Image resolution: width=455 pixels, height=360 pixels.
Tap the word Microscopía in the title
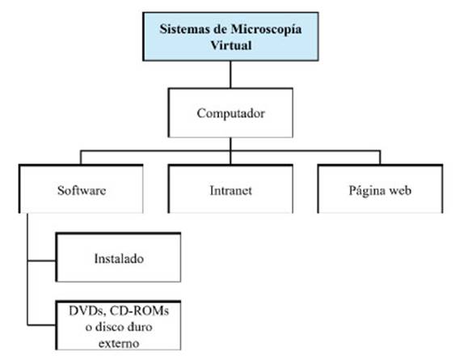(266, 30)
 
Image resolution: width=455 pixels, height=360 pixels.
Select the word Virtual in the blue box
(231, 45)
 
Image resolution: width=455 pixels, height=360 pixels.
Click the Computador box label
(230, 113)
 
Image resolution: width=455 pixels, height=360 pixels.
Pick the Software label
(82, 191)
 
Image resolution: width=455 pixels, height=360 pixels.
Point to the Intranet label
(230, 191)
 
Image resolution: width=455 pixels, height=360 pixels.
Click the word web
(400, 191)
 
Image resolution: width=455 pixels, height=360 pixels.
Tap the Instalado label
(119, 259)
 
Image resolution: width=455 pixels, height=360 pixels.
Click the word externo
(119, 344)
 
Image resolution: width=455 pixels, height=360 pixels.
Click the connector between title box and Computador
(230, 74)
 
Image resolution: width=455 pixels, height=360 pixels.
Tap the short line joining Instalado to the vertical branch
(41, 261)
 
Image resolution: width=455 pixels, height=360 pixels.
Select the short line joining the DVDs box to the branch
(41, 325)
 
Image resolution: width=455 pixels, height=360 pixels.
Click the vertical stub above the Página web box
(380, 158)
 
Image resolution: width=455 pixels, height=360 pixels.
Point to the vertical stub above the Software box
(81, 158)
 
